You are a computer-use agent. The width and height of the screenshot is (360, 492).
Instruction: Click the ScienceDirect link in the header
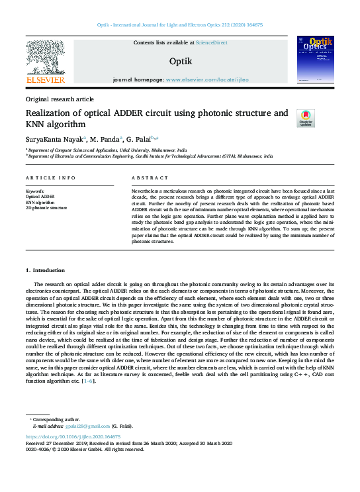tap(212, 42)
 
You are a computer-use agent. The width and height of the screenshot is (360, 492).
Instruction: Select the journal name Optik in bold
tap(180, 61)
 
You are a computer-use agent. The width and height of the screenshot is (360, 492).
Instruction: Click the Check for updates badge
tap(306, 118)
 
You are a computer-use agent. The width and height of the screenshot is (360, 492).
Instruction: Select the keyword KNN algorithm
tap(40, 202)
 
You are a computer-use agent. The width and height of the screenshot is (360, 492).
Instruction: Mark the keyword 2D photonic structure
tap(46, 207)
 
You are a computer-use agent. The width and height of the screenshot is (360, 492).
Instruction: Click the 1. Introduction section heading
tap(45, 270)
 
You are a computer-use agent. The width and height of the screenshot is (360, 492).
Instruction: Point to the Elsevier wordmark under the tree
tap(45, 80)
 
